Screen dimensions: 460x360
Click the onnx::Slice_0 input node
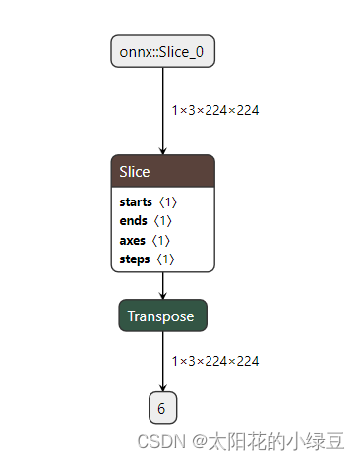point(162,51)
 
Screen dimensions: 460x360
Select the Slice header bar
point(162,172)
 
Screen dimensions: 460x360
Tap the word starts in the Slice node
point(136,201)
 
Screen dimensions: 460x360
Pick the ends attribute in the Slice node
point(132,220)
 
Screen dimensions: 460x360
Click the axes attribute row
point(132,240)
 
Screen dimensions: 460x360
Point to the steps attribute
point(135,259)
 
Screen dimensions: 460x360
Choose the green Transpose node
point(162,316)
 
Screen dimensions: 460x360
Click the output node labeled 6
point(162,406)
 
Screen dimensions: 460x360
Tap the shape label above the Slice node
point(215,111)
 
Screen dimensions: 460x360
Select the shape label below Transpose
point(215,362)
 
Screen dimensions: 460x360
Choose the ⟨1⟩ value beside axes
point(160,240)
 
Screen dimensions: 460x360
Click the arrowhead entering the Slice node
point(162,149)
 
